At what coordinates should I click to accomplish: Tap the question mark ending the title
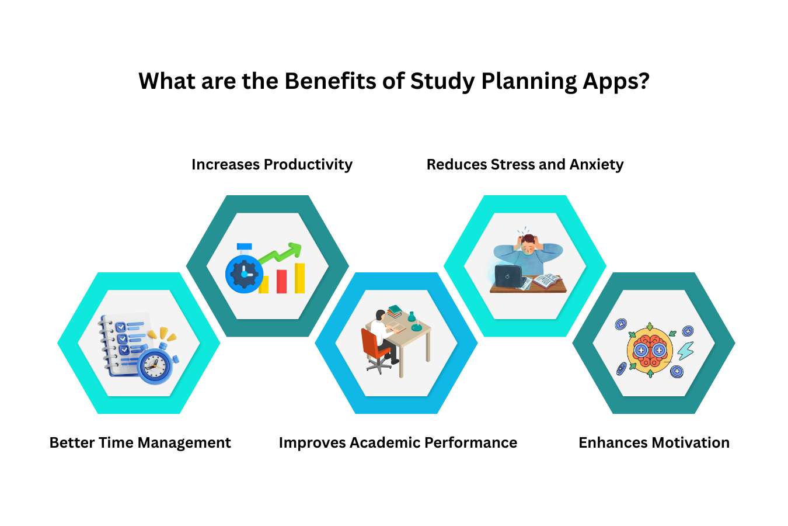click(x=644, y=81)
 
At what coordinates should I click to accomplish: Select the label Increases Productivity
click(x=272, y=164)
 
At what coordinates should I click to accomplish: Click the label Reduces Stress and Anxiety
click(x=525, y=164)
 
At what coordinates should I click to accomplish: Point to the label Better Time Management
click(x=140, y=442)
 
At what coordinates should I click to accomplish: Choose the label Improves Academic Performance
click(x=398, y=442)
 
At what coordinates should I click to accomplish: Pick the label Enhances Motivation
click(x=654, y=442)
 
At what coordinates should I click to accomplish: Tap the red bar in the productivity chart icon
click(x=282, y=281)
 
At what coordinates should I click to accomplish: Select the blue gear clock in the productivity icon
click(x=243, y=273)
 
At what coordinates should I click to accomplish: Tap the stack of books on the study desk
click(x=395, y=310)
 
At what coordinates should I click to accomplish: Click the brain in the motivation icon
click(x=650, y=351)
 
